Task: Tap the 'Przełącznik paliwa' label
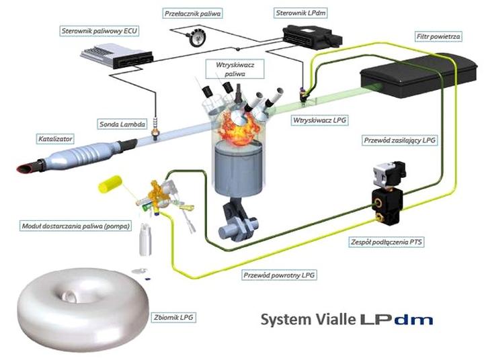pos(193,13)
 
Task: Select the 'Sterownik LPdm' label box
pos(302,13)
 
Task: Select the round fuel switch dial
pos(198,38)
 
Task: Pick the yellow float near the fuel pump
pos(109,183)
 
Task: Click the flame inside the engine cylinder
pos(238,125)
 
